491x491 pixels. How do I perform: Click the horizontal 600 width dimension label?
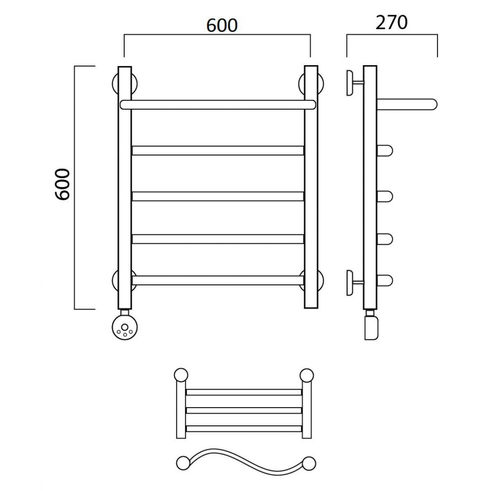222,25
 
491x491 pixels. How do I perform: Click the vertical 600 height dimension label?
62,184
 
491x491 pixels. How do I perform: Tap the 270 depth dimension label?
392,23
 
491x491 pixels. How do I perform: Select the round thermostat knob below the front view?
125,327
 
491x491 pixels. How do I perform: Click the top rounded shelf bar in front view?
218,105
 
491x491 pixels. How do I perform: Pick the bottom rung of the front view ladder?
218,280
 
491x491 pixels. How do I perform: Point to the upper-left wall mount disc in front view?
125,84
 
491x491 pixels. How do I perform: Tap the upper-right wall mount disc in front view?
311,84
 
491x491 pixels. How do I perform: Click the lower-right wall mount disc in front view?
311,280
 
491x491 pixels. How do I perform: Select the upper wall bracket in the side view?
353,83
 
